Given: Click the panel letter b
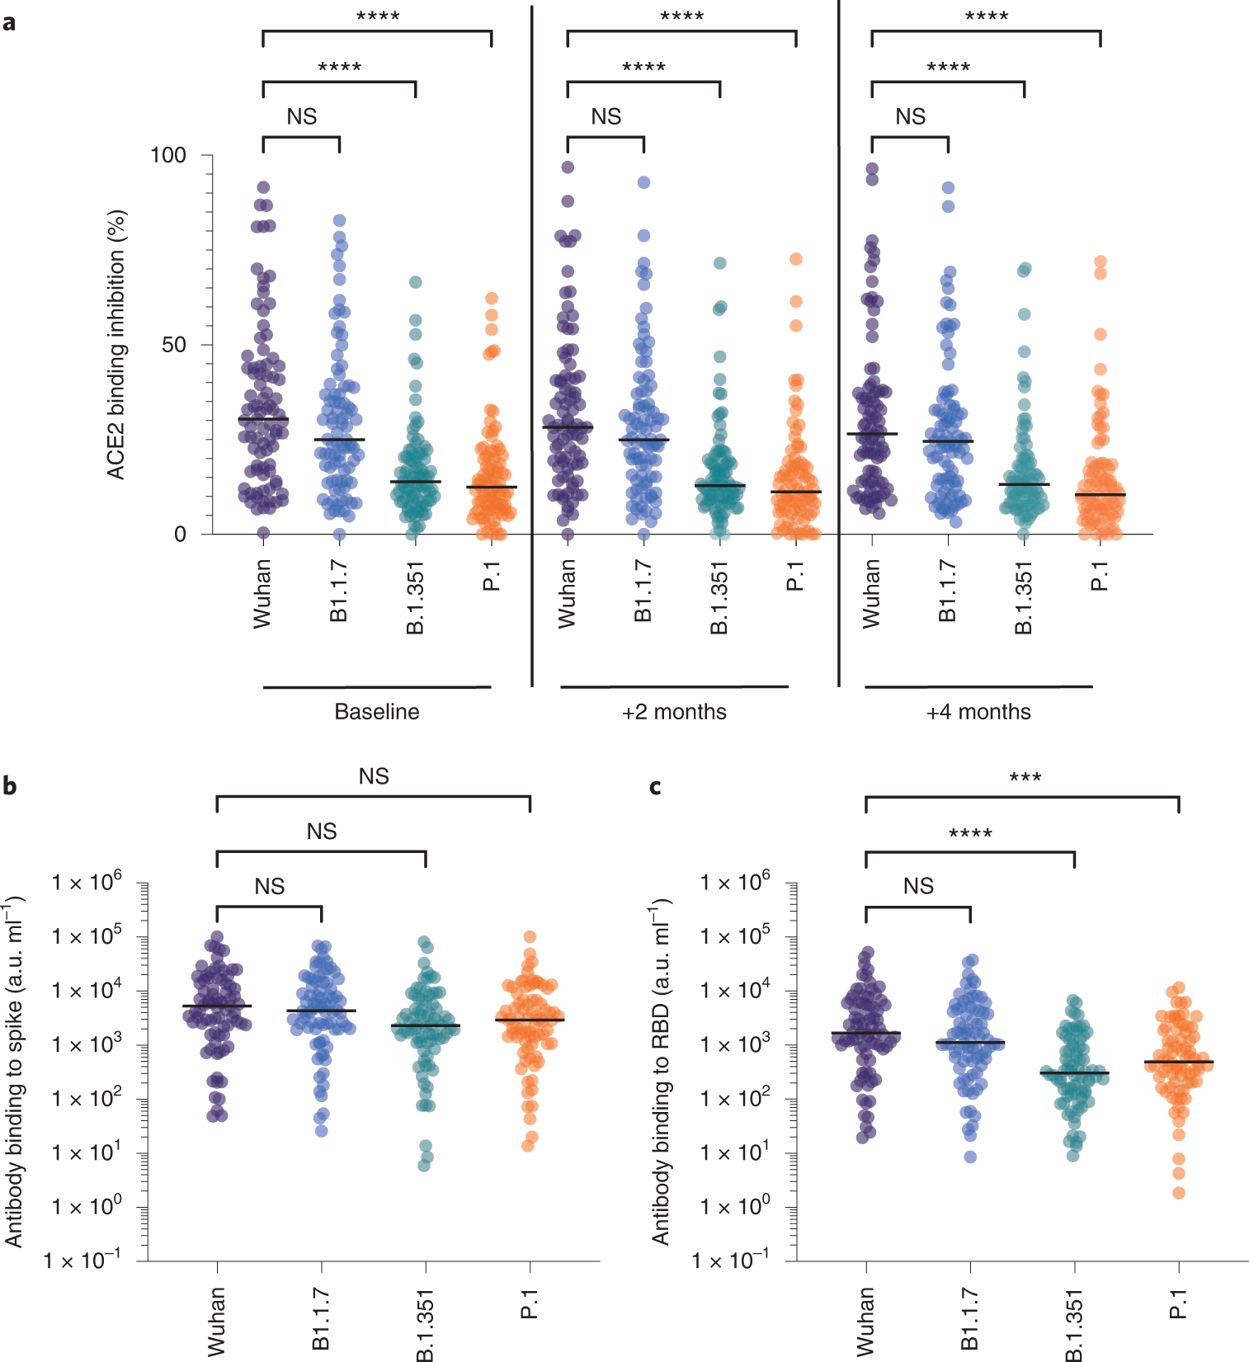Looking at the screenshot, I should pyautogui.click(x=9, y=785).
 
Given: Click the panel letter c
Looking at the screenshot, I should pyautogui.click(x=655, y=786).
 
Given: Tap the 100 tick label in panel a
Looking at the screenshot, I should pyautogui.click(x=168, y=155).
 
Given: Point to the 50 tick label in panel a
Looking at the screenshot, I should pyautogui.click(x=174, y=345).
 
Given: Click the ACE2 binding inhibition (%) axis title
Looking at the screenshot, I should pyautogui.click(x=116, y=344).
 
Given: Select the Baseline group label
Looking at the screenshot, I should pyautogui.click(x=376, y=712).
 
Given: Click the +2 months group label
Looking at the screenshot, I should pyautogui.click(x=674, y=712).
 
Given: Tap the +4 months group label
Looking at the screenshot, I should pyautogui.click(x=978, y=712).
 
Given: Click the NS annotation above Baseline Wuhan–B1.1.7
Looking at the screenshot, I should pyautogui.click(x=301, y=117).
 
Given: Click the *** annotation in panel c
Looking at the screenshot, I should pyautogui.click(x=1025, y=777).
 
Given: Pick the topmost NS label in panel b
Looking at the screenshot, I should pyautogui.click(x=374, y=776).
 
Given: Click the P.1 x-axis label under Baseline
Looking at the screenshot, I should pyautogui.click(x=492, y=576).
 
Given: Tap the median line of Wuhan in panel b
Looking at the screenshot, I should pyautogui.click(x=217, y=1006).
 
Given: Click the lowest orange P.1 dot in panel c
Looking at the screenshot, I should pyautogui.click(x=1179, y=1193).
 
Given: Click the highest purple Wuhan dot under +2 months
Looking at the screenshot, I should pyautogui.click(x=568, y=167).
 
